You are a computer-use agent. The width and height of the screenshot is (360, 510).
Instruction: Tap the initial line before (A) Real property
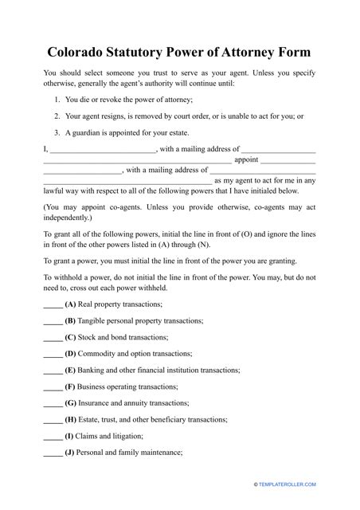pyautogui.click(x=53, y=306)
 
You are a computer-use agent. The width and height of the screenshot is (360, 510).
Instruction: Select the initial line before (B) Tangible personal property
pyautogui.click(x=53, y=322)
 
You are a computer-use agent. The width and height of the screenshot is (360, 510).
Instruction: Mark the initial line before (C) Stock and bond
pyautogui.click(x=53, y=339)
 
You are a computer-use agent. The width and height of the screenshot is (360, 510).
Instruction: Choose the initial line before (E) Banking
pyautogui.click(x=53, y=371)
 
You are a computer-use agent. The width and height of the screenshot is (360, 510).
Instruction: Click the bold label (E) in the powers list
pyautogui.click(x=70, y=371)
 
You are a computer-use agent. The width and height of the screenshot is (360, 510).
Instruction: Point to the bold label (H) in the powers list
pyautogui.click(x=71, y=420)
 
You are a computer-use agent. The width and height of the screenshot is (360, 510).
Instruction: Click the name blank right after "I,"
pyautogui.click(x=103, y=150)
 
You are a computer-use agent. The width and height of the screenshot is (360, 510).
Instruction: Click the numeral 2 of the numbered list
pyautogui.click(x=57, y=116)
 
